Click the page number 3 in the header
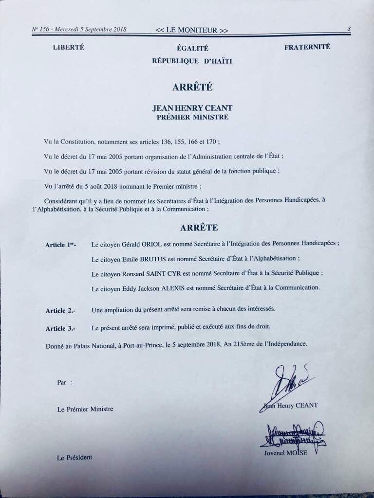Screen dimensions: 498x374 [349, 29]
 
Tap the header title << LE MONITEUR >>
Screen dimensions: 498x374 [192, 30]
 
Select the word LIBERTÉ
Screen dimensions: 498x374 [68, 47]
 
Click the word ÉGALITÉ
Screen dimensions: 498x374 [193, 49]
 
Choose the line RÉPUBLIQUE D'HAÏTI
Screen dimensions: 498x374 [192, 61]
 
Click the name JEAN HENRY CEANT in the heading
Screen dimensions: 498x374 [192, 108]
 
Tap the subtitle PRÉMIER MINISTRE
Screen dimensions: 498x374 [192, 117]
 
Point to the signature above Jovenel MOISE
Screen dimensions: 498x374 [291, 434]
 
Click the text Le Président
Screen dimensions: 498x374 [75, 458]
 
